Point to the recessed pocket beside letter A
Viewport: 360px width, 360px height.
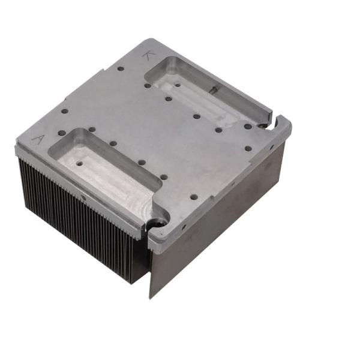pos(102,168)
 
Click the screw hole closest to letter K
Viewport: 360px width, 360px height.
pos(148,85)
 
